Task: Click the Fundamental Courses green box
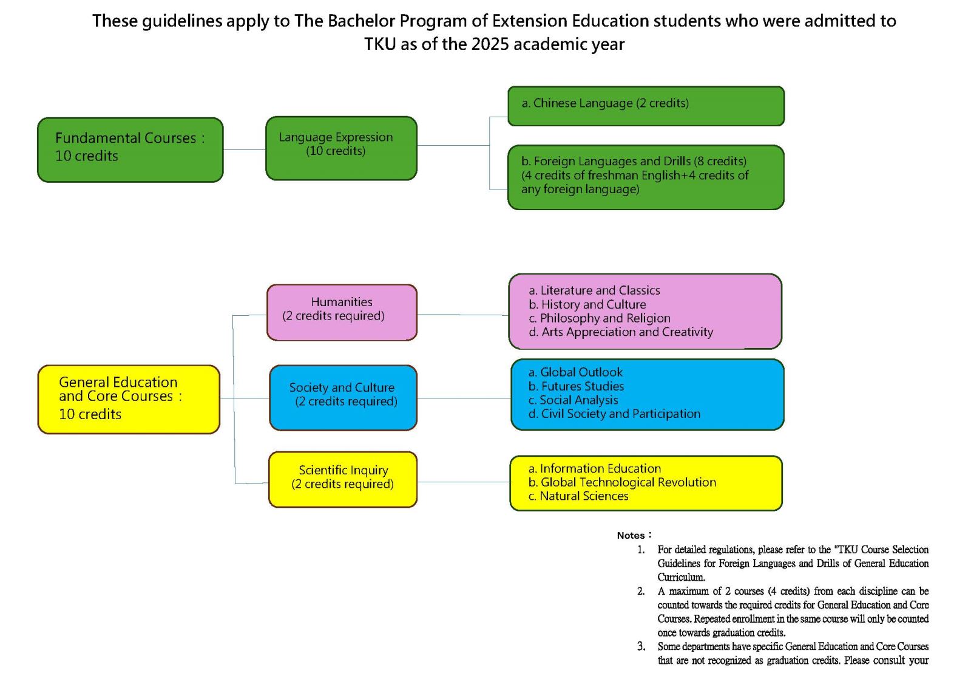tap(130, 149)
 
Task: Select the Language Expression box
tap(341, 148)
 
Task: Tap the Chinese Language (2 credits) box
tap(646, 106)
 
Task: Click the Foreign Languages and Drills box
tap(646, 177)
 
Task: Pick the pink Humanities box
tap(342, 312)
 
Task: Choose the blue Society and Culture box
tap(343, 397)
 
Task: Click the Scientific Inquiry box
tap(342, 479)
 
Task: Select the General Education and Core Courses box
tap(129, 399)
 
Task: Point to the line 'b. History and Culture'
tap(587, 304)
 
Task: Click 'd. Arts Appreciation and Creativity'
tap(621, 332)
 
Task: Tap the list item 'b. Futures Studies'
tap(576, 386)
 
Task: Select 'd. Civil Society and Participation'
tap(614, 414)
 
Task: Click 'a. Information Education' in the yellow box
tap(595, 468)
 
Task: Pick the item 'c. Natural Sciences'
tap(578, 496)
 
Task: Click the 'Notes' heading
tap(634, 535)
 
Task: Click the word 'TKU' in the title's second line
tap(380, 44)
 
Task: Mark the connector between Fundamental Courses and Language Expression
tap(245, 149)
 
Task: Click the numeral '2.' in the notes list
tap(641, 591)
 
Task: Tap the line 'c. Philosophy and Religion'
tap(600, 318)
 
